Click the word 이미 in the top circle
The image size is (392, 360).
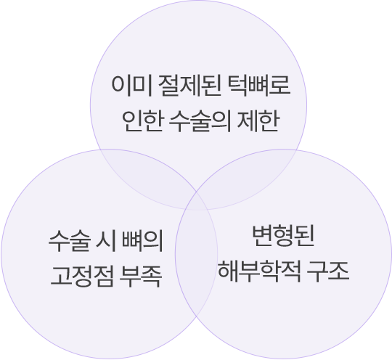coord(131,86)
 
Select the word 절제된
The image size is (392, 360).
coord(190,86)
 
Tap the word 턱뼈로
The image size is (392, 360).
coord(259,86)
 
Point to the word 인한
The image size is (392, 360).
coord(143,121)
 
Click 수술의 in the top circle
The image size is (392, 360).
coord(200,121)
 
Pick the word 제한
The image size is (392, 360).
coord(258,121)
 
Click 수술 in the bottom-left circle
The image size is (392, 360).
coord(69,241)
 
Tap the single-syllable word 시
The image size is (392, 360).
coord(106,241)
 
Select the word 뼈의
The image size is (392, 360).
coord(142,241)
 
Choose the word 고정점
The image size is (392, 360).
coord(82,277)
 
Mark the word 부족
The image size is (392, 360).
coord(141,277)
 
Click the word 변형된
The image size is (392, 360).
coord(283,236)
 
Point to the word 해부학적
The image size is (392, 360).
coord(259,271)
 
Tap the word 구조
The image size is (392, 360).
coord(327,271)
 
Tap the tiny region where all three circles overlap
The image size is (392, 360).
coord(197,202)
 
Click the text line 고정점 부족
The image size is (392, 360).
coord(107,277)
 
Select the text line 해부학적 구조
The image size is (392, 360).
coord(284,271)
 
